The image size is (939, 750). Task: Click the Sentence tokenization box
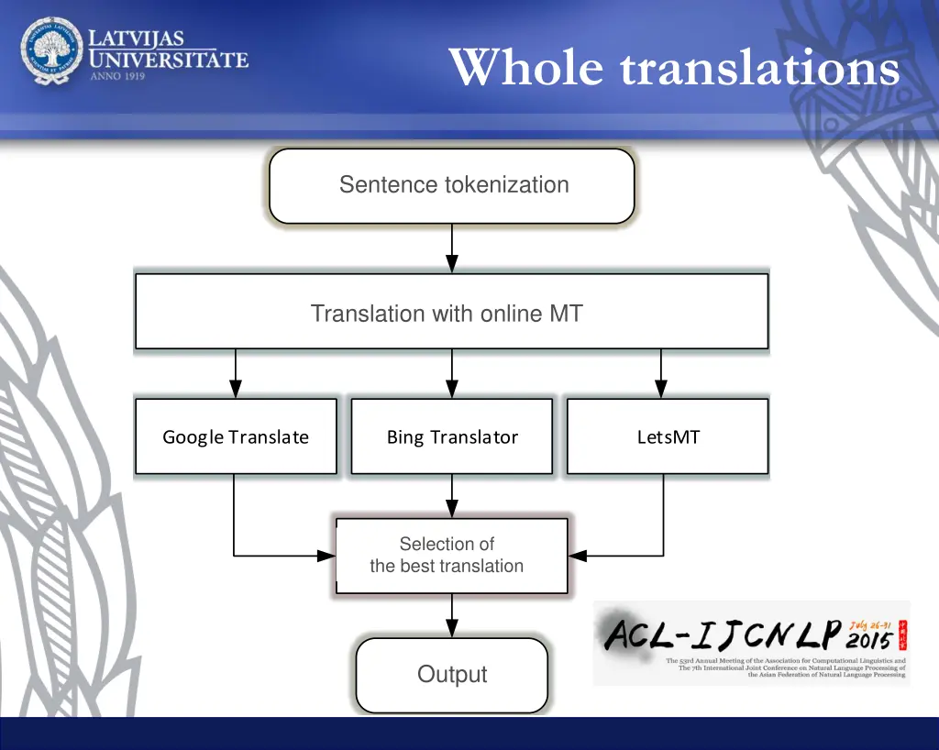(x=452, y=186)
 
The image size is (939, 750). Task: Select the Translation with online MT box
(x=451, y=312)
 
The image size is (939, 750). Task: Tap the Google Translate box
(x=236, y=436)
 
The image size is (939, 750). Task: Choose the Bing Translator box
(x=452, y=436)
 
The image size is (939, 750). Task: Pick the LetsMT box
(x=668, y=436)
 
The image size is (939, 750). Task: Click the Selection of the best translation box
(x=451, y=556)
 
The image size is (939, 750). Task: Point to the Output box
(x=451, y=675)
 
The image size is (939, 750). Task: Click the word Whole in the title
(x=526, y=69)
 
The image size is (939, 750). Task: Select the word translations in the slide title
(x=759, y=69)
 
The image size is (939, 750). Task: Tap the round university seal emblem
(x=51, y=51)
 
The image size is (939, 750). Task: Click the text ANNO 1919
(x=117, y=76)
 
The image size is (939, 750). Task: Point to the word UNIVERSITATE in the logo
(x=169, y=60)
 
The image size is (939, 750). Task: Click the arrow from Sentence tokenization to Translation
(x=452, y=248)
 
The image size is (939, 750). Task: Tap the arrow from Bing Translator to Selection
(x=452, y=496)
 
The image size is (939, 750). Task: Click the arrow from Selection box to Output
(x=452, y=615)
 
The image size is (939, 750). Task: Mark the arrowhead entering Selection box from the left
(x=326, y=556)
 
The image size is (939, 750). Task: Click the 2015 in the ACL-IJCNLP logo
(x=869, y=639)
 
